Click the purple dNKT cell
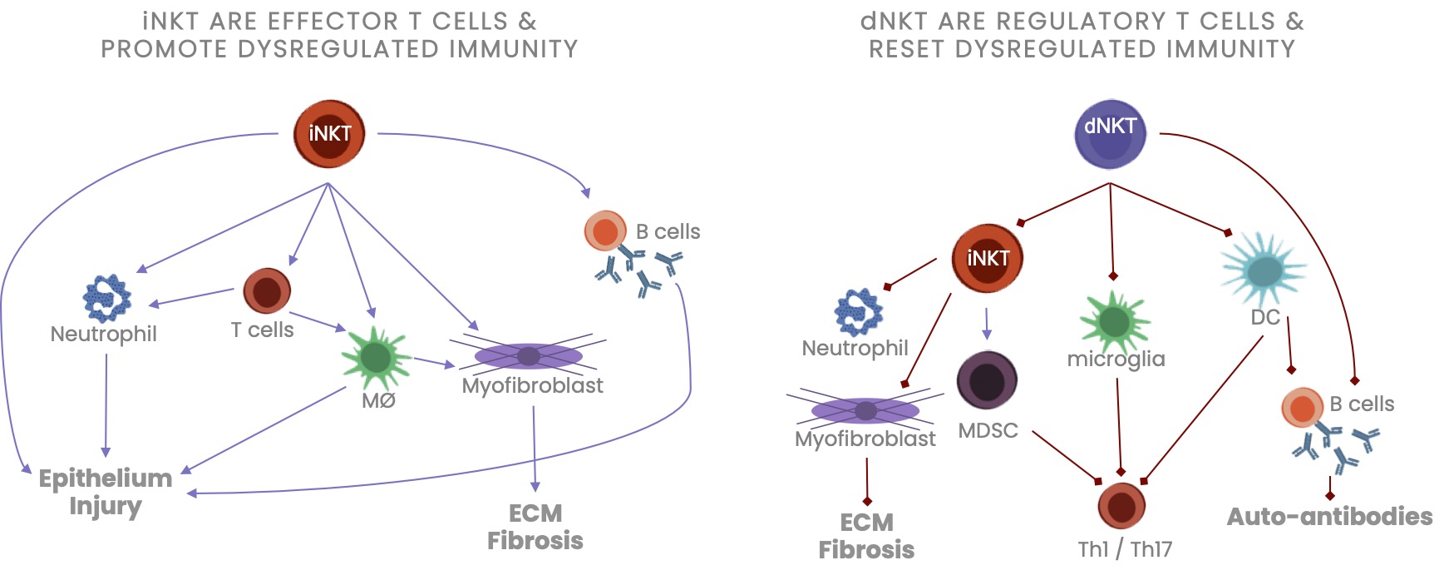[1110, 134]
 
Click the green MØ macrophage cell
[376, 357]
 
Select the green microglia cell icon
[1114, 321]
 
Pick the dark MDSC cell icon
[987, 381]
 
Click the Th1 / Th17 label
[1125, 549]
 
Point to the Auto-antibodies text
[1329, 517]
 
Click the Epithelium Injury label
[106, 492]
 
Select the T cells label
[262, 330]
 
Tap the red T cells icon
[267, 291]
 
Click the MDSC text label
[988, 431]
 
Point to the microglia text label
[1116, 359]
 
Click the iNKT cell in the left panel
[329, 134]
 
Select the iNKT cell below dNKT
[987, 258]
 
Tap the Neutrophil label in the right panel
[855, 348]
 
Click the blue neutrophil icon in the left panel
[106, 298]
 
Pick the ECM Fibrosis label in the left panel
[535, 527]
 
